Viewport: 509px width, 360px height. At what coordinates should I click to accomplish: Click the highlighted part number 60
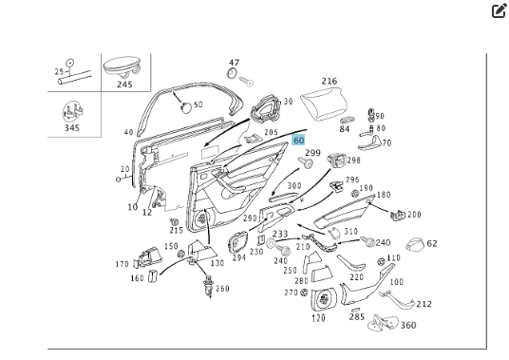click(298, 141)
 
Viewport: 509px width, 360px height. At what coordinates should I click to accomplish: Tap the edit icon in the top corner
click(499, 10)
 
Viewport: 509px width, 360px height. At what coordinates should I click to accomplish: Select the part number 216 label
click(330, 81)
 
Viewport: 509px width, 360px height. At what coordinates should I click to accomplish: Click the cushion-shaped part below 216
click(323, 104)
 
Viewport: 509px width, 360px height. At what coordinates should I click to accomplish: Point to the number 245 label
click(124, 85)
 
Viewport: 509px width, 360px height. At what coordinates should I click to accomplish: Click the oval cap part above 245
click(122, 66)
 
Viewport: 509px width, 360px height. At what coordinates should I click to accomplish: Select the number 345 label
click(72, 127)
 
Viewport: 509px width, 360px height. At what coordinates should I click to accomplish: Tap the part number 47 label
click(234, 63)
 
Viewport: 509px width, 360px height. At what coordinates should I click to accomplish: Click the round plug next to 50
click(186, 107)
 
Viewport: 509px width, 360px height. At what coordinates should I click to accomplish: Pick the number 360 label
click(408, 325)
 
